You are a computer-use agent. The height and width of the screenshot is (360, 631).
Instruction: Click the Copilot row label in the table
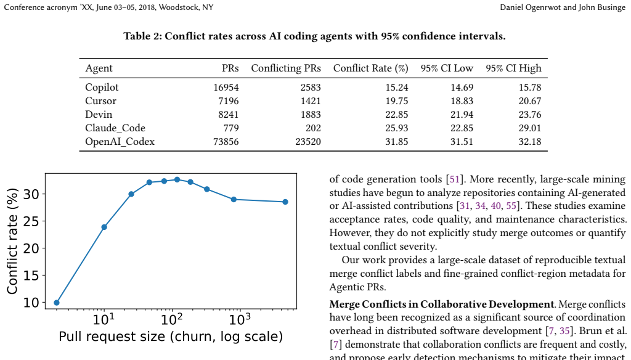pos(102,88)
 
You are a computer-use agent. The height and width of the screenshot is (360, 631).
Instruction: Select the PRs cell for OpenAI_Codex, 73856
pos(226,142)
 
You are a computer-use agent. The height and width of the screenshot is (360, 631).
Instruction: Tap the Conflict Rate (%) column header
pos(370,68)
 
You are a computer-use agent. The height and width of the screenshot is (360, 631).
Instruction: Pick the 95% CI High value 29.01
pos(530,128)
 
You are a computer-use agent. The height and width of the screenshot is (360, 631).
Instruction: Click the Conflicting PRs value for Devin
pos(311,115)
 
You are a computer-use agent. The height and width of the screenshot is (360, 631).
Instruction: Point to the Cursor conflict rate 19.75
pos(397,101)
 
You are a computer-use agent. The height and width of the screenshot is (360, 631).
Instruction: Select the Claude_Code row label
pos(115,128)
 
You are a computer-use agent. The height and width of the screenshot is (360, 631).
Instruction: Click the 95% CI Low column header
pos(447,68)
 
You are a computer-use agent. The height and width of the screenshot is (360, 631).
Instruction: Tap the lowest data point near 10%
pos(57,303)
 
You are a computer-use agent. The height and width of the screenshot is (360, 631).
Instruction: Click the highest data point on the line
pos(177,179)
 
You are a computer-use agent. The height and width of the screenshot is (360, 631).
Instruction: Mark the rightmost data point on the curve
pos(285,202)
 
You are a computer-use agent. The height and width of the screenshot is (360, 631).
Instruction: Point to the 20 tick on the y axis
pos(31,248)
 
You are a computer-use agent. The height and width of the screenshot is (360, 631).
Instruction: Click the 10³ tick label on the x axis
pos(240,319)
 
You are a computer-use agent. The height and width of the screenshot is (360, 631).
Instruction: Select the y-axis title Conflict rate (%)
pos(13,241)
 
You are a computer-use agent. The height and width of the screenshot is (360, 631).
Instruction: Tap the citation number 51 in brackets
pos(454,179)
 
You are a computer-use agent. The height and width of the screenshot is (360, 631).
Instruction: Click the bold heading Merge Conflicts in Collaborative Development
pos(441,304)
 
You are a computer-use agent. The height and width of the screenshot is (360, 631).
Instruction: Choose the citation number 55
pos(511,206)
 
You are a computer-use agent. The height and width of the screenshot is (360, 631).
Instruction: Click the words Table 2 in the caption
pos(142,36)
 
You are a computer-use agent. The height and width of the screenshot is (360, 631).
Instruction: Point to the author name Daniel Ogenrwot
pos(530,7)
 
